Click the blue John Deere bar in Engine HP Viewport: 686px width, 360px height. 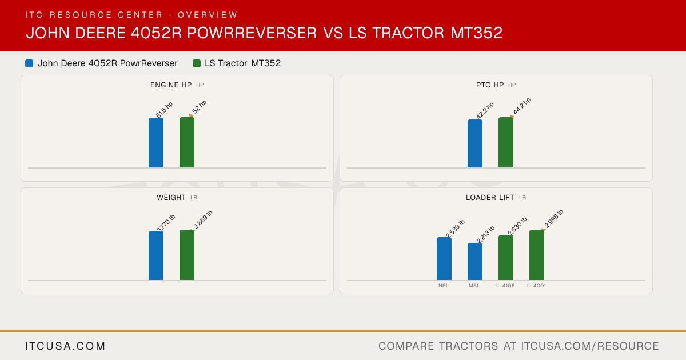(x=156, y=143)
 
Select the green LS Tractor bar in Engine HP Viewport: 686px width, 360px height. (x=187, y=142)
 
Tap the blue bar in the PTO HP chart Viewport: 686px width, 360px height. (x=475, y=143)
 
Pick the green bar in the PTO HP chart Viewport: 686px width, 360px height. (x=506, y=142)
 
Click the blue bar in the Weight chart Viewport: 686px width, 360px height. (x=156, y=255)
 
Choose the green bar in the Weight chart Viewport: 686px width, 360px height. (x=187, y=255)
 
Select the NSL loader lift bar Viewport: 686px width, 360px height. (x=444, y=259)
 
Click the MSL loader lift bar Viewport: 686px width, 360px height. (x=475, y=262)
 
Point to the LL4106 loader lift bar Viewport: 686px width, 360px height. (x=506, y=258)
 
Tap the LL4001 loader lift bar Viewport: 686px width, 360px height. (x=537, y=255)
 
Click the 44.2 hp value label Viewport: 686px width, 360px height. (x=522, y=106)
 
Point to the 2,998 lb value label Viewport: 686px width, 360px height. (x=554, y=219)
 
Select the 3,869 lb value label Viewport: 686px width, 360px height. (x=203, y=219)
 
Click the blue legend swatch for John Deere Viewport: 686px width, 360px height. (x=29, y=63)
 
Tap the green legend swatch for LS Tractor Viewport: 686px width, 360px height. (x=197, y=63)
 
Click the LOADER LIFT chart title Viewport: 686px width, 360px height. (x=490, y=198)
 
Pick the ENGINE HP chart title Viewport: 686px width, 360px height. (x=171, y=85)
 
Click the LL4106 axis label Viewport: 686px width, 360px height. (x=505, y=286)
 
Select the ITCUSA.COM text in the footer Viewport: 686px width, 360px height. (x=65, y=346)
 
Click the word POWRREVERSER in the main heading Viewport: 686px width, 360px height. (x=252, y=33)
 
